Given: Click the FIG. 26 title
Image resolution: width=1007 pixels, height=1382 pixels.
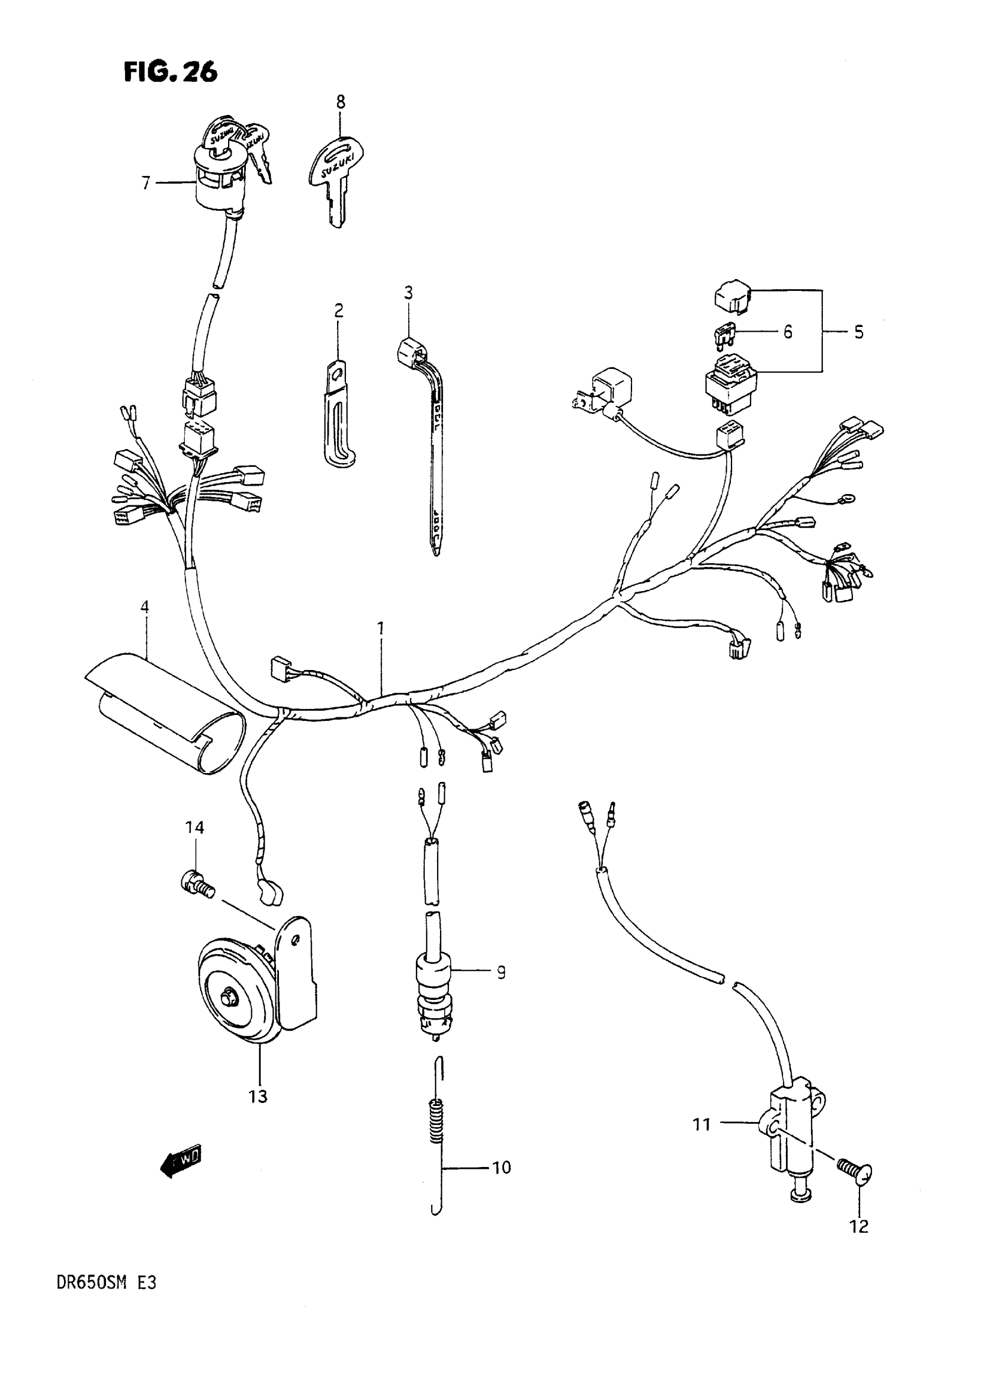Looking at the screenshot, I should [170, 72].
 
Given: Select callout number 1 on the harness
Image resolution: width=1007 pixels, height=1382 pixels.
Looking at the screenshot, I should [381, 628].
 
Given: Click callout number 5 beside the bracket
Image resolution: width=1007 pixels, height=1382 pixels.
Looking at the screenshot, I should [858, 332].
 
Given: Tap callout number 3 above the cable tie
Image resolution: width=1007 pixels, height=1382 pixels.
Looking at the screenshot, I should [408, 293].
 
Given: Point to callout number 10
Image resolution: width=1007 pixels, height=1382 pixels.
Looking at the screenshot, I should [501, 1168].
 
